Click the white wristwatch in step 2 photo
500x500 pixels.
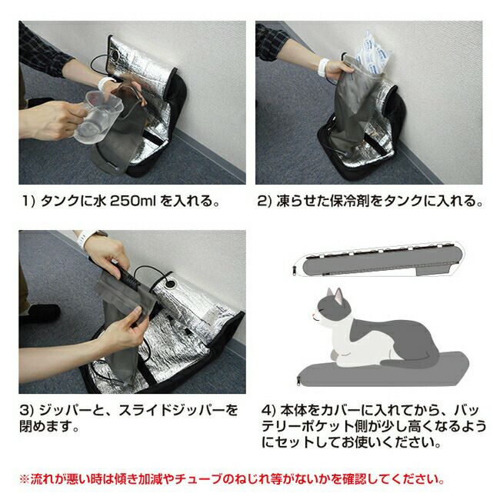tap(323, 68)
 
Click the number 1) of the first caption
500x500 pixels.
tap(28, 202)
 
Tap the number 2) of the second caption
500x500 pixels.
tap(265, 202)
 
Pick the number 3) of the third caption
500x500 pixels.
tap(27, 410)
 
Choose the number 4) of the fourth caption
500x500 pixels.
tap(268, 410)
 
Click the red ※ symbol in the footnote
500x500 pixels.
tap(25, 479)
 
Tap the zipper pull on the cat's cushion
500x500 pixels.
tap(298, 381)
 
